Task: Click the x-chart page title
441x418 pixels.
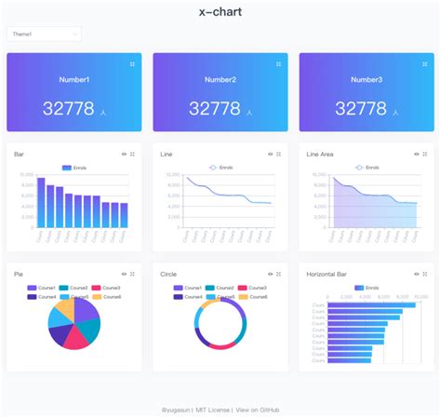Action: [220, 12]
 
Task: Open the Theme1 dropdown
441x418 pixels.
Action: [44, 34]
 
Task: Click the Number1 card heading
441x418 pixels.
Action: [74, 80]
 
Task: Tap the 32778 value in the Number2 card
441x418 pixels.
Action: [214, 109]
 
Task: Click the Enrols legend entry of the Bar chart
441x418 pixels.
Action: [73, 168]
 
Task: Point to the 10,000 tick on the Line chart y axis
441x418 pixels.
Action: [174, 174]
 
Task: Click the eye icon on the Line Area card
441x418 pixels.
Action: [416, 154]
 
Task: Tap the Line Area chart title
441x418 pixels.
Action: [320, 154]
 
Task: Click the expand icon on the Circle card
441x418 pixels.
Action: [279, 274]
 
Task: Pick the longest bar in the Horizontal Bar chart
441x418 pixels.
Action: [371, 304]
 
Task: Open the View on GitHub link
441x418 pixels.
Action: [258, 410]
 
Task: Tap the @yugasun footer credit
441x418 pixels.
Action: [176, 410]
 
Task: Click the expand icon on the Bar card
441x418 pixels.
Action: [133, 154]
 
